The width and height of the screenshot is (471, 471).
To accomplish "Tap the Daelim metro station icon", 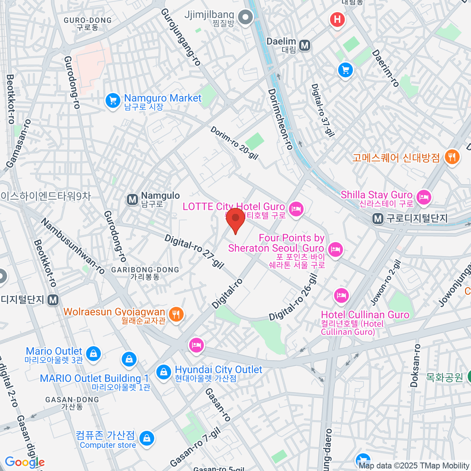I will tap(305, 46).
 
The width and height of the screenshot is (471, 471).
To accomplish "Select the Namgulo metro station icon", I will tap(133, 200).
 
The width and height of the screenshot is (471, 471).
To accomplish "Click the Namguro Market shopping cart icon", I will tap(113, 101).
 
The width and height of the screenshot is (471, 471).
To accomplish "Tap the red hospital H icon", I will tap(337, 19).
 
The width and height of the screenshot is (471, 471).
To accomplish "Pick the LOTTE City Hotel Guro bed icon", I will tap(296, 209).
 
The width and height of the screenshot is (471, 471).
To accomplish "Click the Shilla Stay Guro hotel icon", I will tap(424, 197).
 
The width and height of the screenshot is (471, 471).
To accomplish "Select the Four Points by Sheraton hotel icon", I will tap(335, 249).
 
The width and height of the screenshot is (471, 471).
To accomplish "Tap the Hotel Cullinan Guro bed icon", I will tap(341, 295).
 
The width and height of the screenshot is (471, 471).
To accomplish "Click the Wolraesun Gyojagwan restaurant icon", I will tap(176, 314).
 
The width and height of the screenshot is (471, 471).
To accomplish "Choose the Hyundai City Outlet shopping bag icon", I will tap(163, 372).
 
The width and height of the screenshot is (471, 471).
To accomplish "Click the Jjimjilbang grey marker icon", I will tap(246, 18).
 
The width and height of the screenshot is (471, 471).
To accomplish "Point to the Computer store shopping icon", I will tap(147, 438).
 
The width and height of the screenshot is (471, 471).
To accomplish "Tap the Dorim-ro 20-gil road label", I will tap(234, 143).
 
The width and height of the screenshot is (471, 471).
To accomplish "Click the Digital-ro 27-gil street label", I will tap(194, 252).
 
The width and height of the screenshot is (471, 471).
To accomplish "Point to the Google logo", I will tap(25, 462).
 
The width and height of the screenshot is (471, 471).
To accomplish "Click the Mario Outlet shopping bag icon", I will tap(93, 354).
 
